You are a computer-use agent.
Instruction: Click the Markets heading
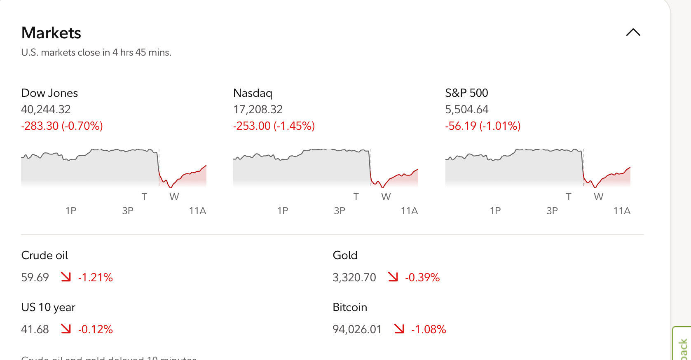[x=51, y=33]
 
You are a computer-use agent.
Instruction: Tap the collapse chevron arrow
[x=633, y=33]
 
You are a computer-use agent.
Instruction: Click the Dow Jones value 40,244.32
[x=46, y=110]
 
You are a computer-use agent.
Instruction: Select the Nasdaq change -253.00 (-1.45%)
[x=274, y=126]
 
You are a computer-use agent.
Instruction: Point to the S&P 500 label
[x=466, y=93]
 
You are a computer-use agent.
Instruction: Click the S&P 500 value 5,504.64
[x=466, y=110]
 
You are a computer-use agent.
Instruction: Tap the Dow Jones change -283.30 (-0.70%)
[x=62, y=126]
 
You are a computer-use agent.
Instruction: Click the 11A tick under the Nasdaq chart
[x=409, y=211]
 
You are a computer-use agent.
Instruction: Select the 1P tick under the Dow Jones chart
[x=71, y=211]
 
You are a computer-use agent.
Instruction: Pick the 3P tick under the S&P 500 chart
[x=552, y=211]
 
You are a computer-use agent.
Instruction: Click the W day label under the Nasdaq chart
[x=386, y=197]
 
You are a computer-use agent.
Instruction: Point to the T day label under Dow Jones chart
[x=144, y=197]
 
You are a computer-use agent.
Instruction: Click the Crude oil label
[x=45, y=255]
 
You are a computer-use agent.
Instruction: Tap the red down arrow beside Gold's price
[x=393, y=277]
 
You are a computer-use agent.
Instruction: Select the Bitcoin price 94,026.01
[x=357, y=330]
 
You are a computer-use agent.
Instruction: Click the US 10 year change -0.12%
[x=96, y=330]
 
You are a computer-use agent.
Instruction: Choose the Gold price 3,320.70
[x=354, y=278]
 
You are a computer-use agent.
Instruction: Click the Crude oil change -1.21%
[x=96, y=278]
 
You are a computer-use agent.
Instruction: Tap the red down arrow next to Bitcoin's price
[x=399, y=329]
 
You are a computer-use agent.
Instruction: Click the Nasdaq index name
[x=253, y=93]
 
